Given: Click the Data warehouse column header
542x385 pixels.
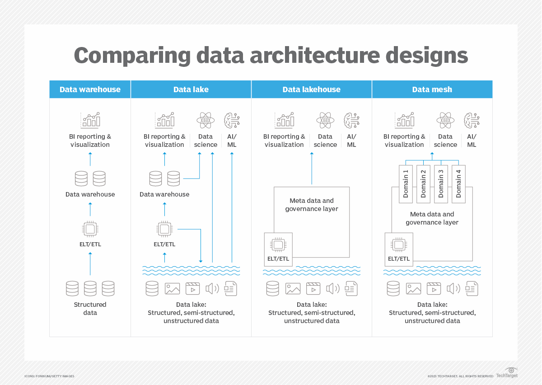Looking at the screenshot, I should (90, 89).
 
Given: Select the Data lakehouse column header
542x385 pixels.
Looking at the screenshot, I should (311, 89).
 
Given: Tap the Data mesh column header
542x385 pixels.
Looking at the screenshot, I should (432, 89).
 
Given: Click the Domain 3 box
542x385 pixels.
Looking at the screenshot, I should (441, 183).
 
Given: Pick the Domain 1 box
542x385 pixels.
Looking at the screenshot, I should (406, 183).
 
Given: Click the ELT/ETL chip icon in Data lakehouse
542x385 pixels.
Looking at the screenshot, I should (278, 245).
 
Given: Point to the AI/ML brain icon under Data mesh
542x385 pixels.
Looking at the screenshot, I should (472, 121).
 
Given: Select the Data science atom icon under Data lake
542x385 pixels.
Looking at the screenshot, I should (206, 121).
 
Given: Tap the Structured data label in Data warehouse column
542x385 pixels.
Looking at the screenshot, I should (90, 309).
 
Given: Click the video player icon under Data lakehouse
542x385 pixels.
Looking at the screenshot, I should (313, 288).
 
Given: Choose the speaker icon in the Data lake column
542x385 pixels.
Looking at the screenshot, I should (212, 288).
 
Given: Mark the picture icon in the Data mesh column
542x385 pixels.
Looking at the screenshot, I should (413, 288).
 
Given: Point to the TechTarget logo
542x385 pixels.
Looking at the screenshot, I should (507, 373).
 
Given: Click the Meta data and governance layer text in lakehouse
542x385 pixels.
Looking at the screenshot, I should (312, 205).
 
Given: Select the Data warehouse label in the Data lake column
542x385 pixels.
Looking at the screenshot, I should (164, 194).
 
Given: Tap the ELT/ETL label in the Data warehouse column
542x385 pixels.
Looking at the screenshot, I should (90, 244).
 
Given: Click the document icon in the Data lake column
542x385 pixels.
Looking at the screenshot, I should (231, 288).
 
